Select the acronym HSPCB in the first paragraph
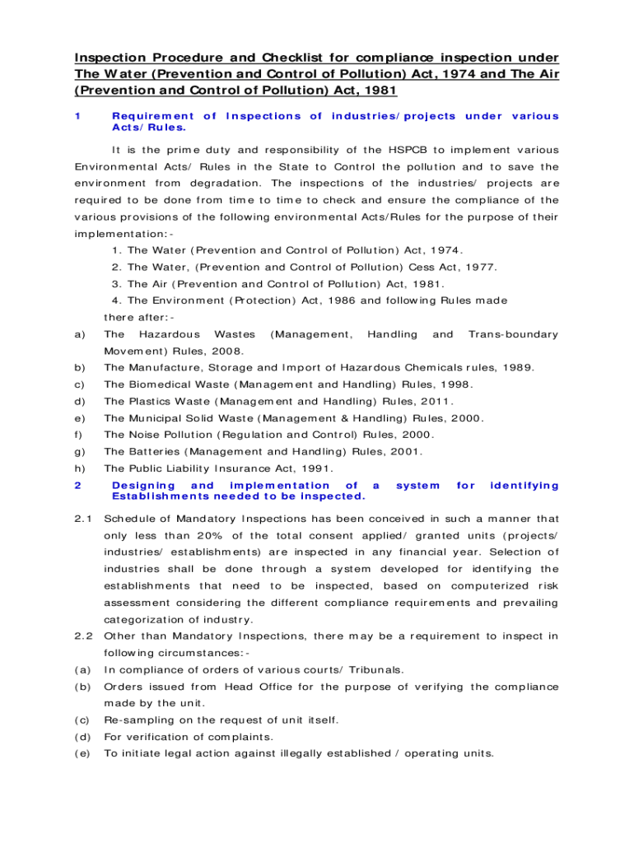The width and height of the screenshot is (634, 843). tap(408, 150)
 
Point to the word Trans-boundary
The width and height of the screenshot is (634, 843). tap(513, 334)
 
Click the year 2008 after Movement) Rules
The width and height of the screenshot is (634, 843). tap(203, 351)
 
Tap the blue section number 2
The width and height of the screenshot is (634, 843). tap(77, 486)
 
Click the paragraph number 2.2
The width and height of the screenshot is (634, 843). tap(85, 636)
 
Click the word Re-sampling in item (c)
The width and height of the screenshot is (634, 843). tap(137, 720)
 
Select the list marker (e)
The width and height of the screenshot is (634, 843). tap(82, 753)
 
